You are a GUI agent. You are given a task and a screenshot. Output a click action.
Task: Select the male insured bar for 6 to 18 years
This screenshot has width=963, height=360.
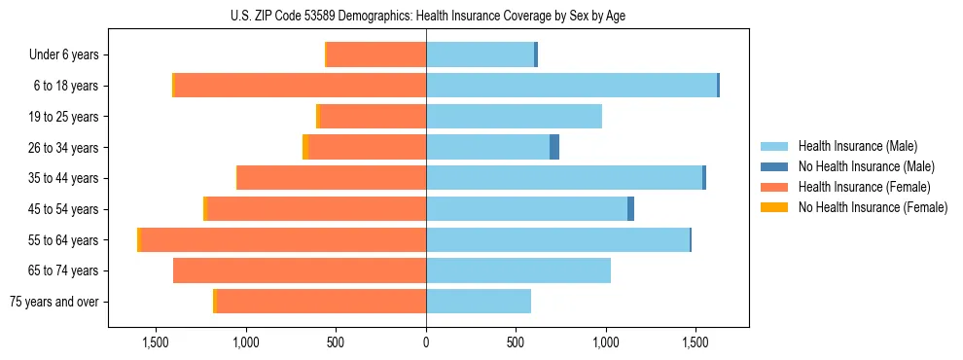click(x=571, y=86)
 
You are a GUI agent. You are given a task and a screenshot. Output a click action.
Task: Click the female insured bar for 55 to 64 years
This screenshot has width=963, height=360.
click(x=284, y=239)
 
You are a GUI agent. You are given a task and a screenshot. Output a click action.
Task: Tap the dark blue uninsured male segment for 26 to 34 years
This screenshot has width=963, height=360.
click(x=554, y=147)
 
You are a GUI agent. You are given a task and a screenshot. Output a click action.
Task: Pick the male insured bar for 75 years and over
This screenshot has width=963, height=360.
click(x=479, y=302)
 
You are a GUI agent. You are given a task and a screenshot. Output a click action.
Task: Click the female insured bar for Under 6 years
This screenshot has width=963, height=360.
click(x=376, y=54)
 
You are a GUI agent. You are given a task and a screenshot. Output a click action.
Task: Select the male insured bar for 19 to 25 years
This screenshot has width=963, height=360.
click(x=514, y=117)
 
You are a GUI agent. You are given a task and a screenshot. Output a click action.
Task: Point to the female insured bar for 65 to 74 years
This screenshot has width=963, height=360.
click(x=300, y=270)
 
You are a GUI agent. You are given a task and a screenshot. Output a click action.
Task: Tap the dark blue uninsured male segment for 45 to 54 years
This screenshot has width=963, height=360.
click(x=630, y=209)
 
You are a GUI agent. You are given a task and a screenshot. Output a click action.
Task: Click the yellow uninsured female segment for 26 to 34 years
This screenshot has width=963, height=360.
click(x=305, y=147)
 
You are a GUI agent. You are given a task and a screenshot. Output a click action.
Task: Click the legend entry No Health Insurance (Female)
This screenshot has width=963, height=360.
click(x=873, y=207)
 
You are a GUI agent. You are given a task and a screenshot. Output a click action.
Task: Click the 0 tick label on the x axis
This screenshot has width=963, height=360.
click(x=426, y=342)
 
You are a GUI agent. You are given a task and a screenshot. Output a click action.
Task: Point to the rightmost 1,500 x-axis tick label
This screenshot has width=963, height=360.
click(x=695, y=342)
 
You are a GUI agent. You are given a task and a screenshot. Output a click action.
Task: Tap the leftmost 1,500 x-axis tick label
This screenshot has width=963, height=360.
click(x=156, y=342)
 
